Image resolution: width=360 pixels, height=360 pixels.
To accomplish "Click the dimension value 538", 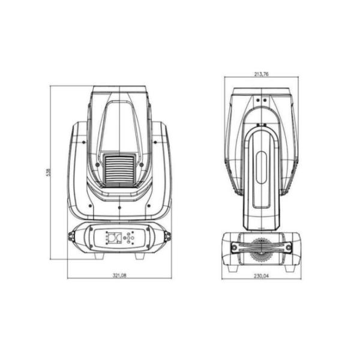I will (47, 172).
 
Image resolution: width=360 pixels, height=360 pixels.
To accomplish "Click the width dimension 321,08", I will (119, 275).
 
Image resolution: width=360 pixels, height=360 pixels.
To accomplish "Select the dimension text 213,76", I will (261, 74).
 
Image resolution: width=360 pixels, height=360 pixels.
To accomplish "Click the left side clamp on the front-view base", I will (71, 236).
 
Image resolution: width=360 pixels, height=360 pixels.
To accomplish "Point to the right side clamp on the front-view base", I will (167, 236).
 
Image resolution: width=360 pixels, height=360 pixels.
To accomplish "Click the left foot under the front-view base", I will (100, 256).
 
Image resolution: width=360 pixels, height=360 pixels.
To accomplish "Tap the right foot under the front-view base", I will (140, 256).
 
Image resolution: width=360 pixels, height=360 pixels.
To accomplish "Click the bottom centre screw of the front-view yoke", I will (119, 207).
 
